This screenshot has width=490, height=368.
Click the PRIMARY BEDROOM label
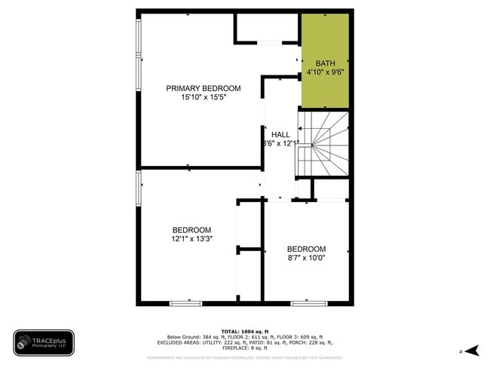coord(204,88)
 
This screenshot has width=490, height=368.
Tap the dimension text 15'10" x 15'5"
coord(204,97)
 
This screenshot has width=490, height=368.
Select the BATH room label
coord(325,63)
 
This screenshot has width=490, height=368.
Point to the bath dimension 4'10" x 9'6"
coord(325,72)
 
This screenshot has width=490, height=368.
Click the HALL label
coord(280,134)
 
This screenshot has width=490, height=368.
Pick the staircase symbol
coord(323,144)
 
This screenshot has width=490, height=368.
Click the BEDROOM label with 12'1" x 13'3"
coord(191,230)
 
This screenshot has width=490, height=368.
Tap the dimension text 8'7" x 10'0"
coord(306,258)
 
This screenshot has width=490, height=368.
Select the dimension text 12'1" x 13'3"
coord(191,239)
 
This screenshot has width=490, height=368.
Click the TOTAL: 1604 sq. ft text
coord(244,331)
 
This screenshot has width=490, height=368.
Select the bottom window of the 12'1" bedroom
coord(185,303)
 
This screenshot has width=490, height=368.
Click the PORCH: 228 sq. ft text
coord(311,342)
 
